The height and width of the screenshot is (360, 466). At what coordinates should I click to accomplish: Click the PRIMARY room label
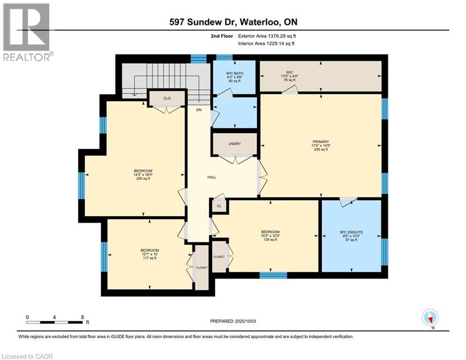[321, 142]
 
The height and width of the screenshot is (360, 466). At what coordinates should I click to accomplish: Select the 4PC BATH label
[235, 74]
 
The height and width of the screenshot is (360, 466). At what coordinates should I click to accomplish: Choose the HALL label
[212, 177]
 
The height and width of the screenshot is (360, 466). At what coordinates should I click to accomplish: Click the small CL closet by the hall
[219, 206]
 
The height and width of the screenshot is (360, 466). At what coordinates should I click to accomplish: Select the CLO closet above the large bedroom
[167, 98]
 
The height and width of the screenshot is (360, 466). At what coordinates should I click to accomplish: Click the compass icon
[429, 317]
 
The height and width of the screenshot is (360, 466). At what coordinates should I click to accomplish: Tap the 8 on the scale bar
[82, 317]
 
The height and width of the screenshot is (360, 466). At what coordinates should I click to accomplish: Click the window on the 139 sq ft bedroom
[273, 275]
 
